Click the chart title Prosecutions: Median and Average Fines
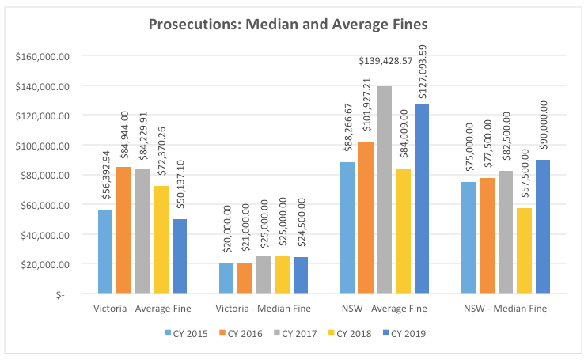(x=294, y=25)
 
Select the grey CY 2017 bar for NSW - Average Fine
(x=385, y=190)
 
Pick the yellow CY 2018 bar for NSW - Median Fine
(x=524, y=251)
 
